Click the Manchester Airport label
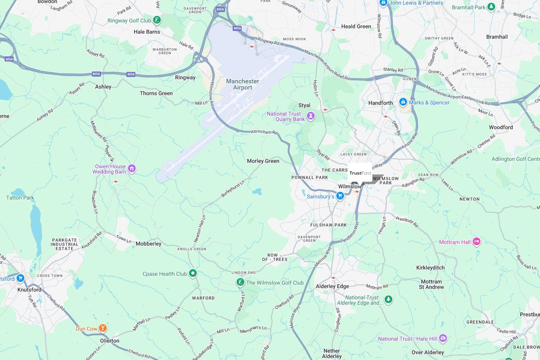(x=242, y=84)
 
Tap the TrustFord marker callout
(x=360, y=173)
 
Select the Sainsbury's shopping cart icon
(x=340, y=196)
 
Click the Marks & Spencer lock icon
(x=403, y=102)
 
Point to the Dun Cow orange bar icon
(x=102, y=328)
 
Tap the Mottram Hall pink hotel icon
(x=477, y=242)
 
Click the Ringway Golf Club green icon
(x=157, y=20)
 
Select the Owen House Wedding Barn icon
(x=132, y=169)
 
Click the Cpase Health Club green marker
(x=192, y=273)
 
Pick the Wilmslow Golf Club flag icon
(x=240, y=282)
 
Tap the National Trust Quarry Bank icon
(x=311, y=116)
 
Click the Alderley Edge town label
(x=332, y=286)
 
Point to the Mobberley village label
(x=148, y=244)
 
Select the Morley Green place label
(x=263, y=161)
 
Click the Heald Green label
(x=356, y=26)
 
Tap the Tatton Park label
(x=20, y=198)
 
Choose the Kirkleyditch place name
(x=430, y=268)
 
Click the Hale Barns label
(x=146, y=32)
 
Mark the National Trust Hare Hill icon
(x=443, y=338)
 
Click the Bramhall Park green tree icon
(x=491, y=7)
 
